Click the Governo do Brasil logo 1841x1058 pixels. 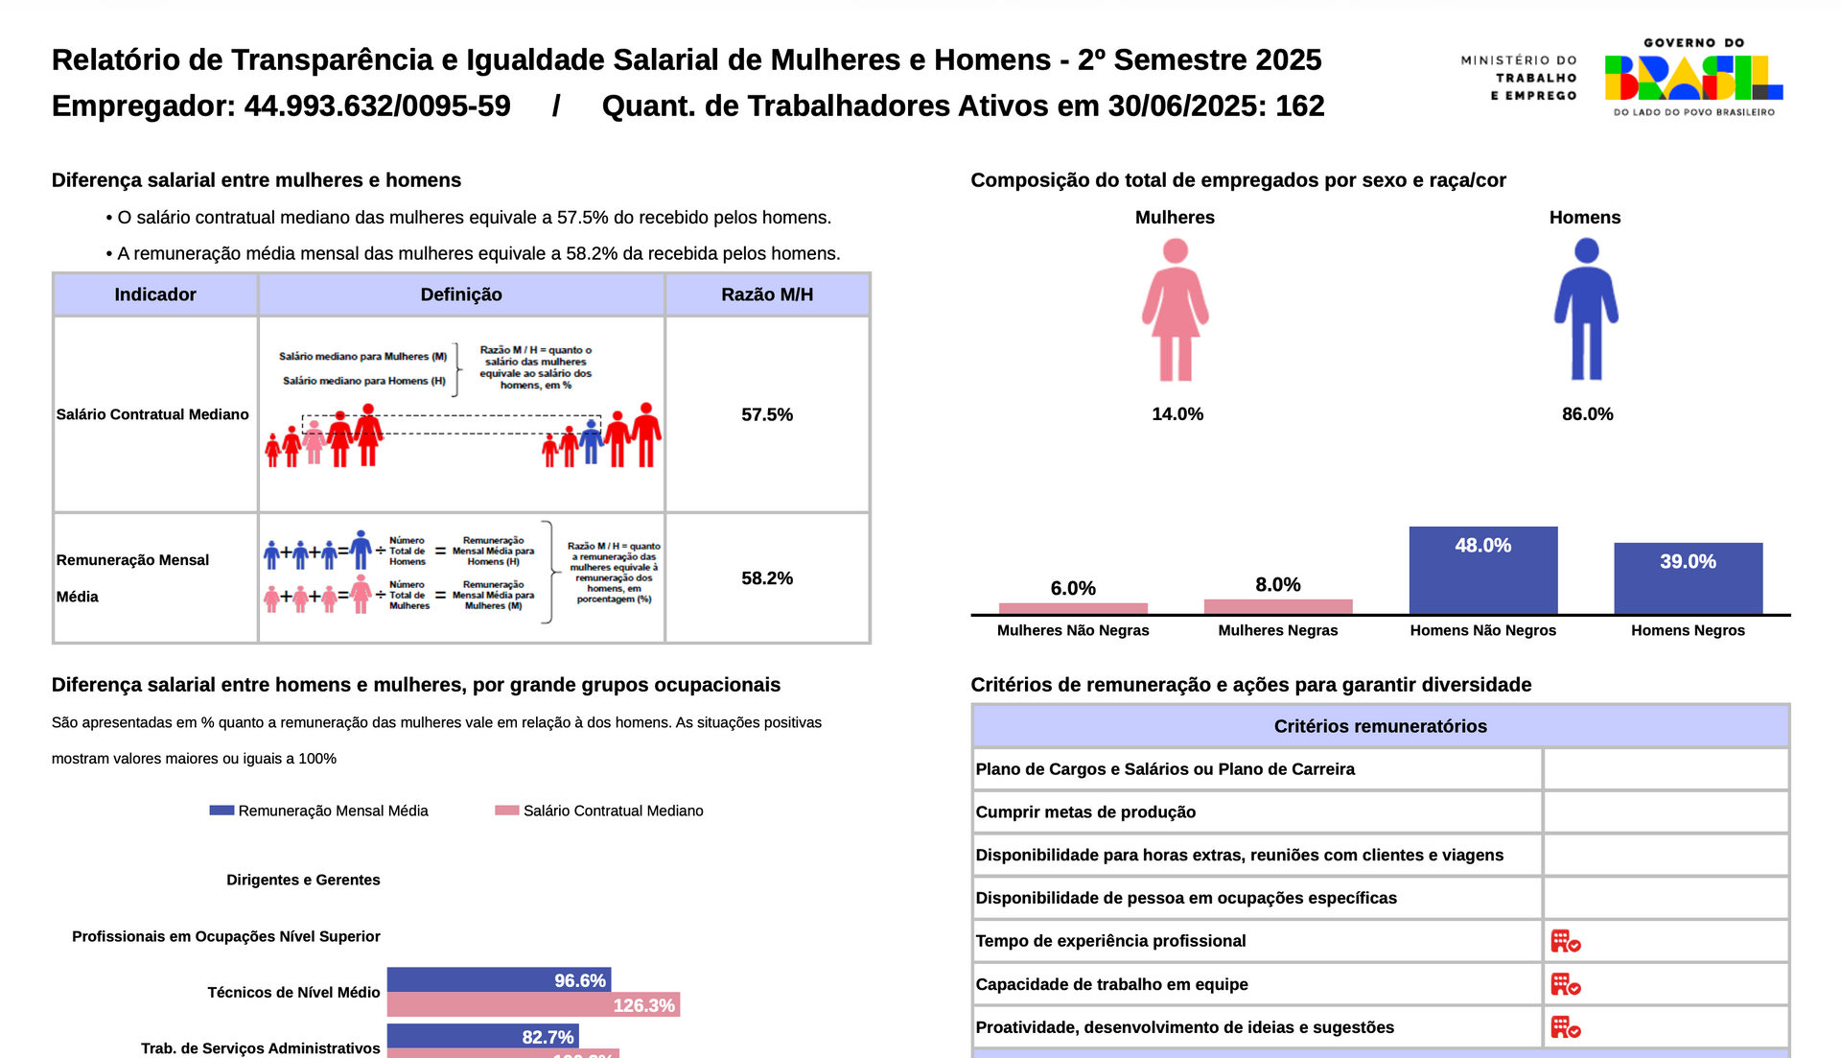1693,78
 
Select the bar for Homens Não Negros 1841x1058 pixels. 1482,570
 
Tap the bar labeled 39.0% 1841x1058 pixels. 1688,577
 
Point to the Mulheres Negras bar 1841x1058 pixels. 1277,606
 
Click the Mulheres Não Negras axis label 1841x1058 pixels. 1072,630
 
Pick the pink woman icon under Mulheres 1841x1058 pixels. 1175,309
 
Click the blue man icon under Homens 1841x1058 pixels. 1586,309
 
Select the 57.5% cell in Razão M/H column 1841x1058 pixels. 767,414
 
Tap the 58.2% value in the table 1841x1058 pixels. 767,578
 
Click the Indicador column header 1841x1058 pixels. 155,294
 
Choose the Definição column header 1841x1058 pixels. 461,294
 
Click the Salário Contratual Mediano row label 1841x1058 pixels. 152,414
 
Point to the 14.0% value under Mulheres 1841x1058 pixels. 1177,414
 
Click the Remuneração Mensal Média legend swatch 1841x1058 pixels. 221,811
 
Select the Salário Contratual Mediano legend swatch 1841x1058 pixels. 506,811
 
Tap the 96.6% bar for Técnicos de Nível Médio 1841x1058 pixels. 499,979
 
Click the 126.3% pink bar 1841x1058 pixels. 533,1004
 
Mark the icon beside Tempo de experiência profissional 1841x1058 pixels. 1565,941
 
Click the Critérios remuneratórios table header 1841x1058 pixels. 1380,726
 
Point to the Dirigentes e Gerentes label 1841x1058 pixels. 303,880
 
